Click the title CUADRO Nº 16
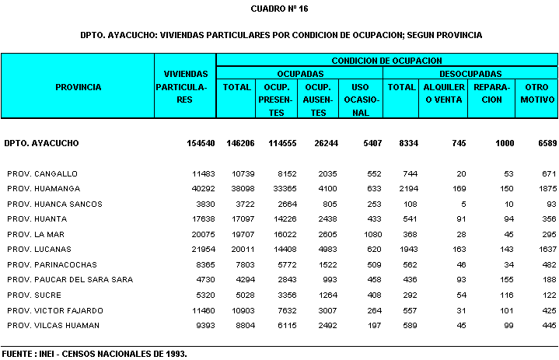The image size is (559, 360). pos(280,9)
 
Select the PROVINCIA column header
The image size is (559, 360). pos(78,87)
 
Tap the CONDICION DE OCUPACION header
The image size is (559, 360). pos(386,60)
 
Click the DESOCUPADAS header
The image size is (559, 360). pos(470,73)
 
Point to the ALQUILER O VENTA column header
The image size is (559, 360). pos(444,93)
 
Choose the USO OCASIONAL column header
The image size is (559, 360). pos(360,100)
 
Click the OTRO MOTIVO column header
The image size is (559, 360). pos(537,93)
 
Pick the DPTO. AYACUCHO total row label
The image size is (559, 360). pos(41,144)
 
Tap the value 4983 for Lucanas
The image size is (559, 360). pos(326,250)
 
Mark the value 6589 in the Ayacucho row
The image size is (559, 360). pos(541,144)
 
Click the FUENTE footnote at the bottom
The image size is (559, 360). pos(94,353)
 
